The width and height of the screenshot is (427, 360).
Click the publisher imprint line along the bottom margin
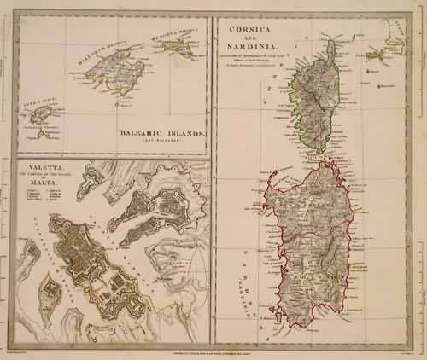[x=213, y=351]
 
